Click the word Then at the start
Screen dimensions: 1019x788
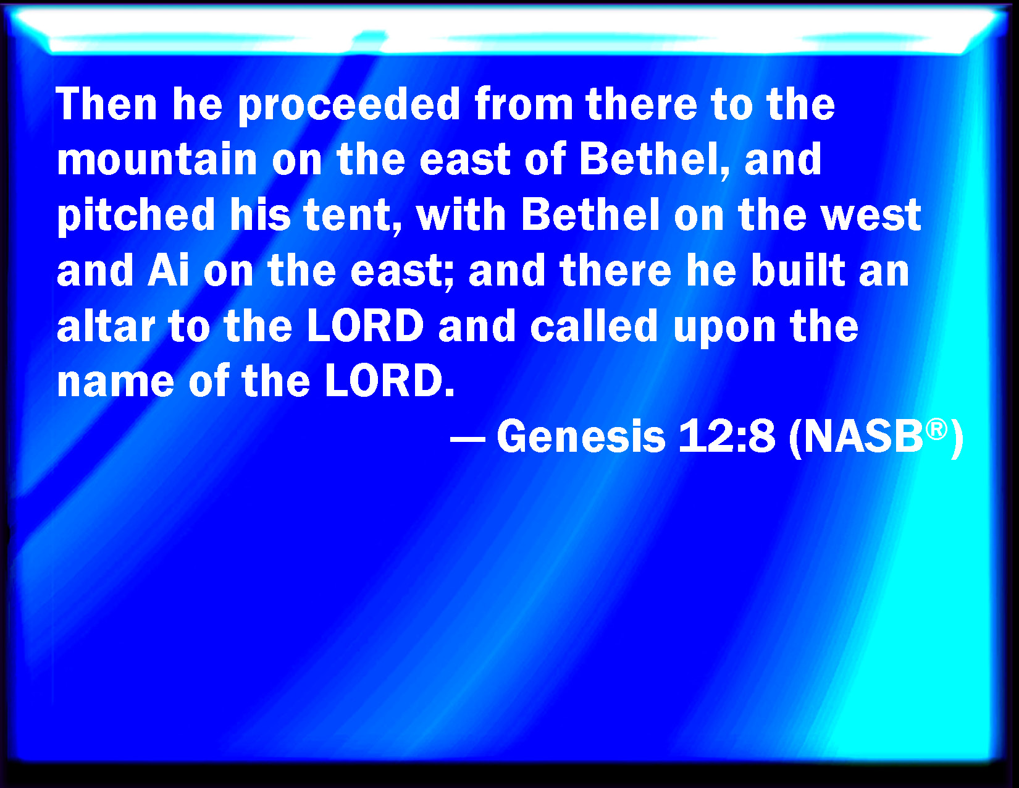coord(106,104)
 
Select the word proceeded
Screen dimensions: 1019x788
coord(349,106)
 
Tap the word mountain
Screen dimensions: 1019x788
coord(157,159)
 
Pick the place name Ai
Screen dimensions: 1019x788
coord(169,270)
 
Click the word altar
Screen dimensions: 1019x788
coord(106,325)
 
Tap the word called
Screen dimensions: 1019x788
coord(593,325)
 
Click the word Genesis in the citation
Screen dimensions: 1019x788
coord(581,436)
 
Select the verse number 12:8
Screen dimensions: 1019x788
coord(726,436)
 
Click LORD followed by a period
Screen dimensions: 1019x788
coord(390,381)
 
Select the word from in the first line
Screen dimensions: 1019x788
coord(524,104)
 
